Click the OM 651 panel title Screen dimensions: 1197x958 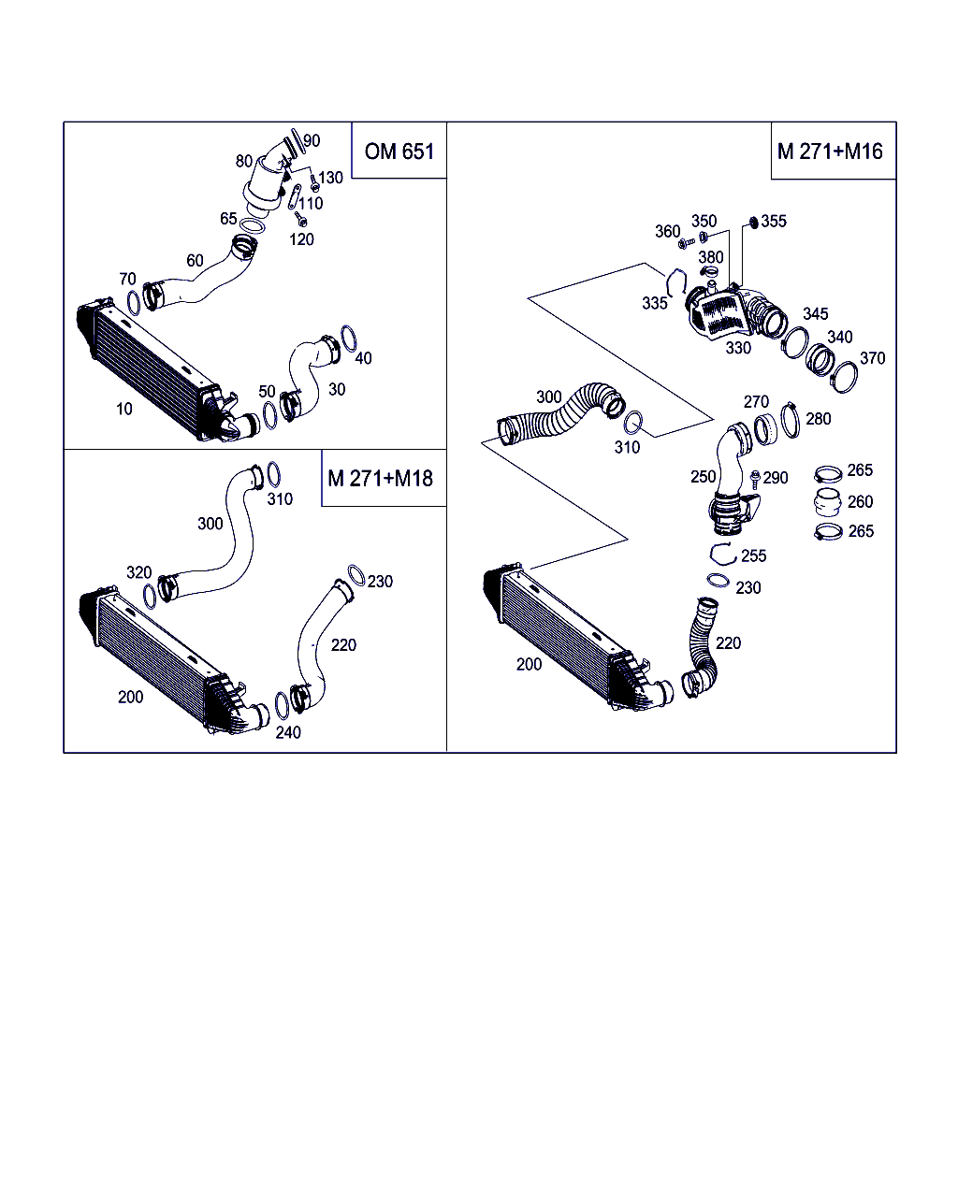[399, 151]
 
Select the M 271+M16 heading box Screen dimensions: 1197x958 [830, 151]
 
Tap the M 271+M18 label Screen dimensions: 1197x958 [380, 479]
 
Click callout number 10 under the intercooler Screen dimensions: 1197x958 [124, 409]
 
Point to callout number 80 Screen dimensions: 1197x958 [244, 161]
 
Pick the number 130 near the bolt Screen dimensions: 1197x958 [330, 178]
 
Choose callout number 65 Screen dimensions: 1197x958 [228, 219]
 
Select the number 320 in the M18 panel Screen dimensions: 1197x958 [138, 572]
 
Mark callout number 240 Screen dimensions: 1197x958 [288, 732]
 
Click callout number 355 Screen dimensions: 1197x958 [774, 222]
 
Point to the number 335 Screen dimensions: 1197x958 [655, 303]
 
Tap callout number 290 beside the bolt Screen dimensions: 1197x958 [776, 478]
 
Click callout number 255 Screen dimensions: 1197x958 [753, 556]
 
